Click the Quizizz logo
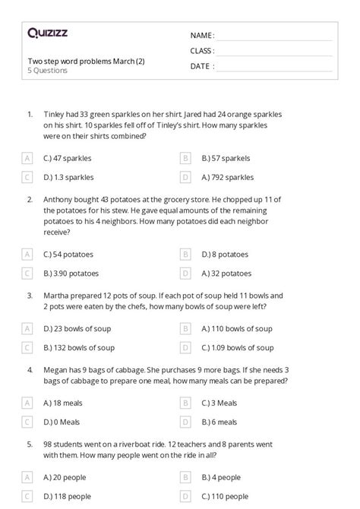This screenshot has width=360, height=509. (x=47, y=33)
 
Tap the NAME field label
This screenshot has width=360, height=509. (x=201, y=35)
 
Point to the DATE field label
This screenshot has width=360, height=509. (x=201, y=65)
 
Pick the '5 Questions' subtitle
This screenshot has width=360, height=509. (x=47, y=71)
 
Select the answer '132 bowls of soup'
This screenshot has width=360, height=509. (x=79, y=347)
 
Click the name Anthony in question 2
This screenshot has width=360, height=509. (x=57, y=199)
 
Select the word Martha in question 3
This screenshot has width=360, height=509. (x=55, y=295)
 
